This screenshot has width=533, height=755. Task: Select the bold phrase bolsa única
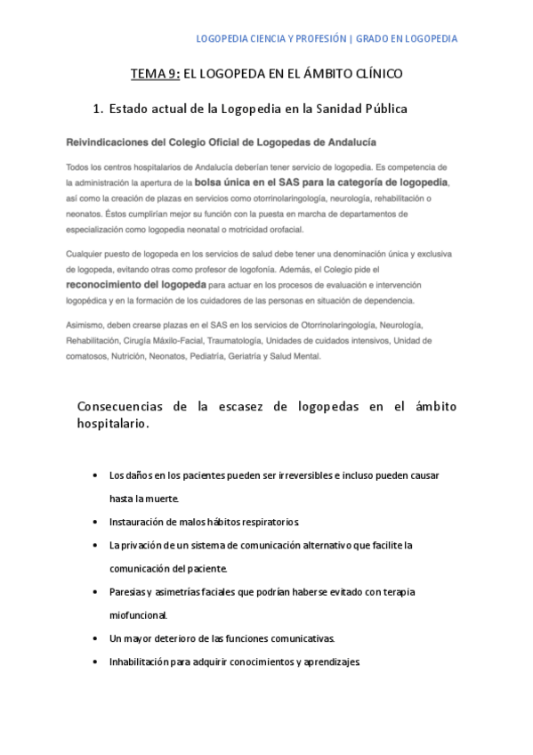(x=225, y=182)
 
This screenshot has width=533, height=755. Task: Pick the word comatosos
(x=86, y=356)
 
